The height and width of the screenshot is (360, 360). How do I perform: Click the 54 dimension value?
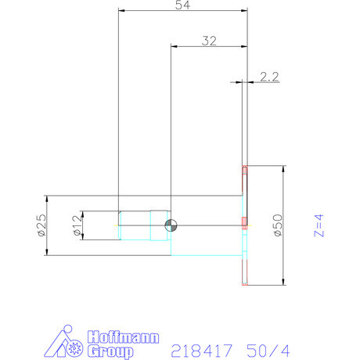tap(182, 5)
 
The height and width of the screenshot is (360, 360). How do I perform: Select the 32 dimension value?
tap(208, 41)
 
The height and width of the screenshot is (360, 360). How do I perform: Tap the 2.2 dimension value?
tap(269, 77)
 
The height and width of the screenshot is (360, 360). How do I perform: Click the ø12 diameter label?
tap(77, 225)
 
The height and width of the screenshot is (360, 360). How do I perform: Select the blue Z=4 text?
tap(319, 225)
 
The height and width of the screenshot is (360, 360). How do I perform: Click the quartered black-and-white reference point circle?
tap(170, 225)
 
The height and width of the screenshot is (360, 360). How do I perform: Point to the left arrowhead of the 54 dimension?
tap(120, 10)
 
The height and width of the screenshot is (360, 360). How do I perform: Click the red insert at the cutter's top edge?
tap(245, 169)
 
